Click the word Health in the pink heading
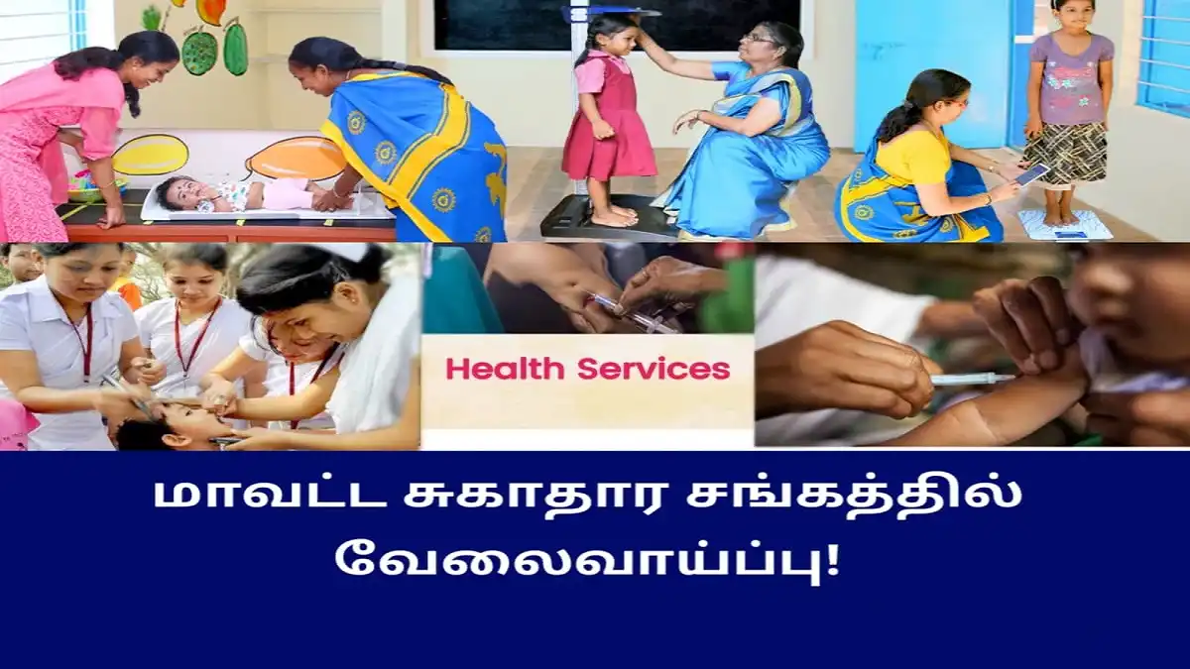pyautogui.click(x=505, y=369)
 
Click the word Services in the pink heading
pyautogui.click(x=654, y=369)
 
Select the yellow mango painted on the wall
pyautogui.click(x=150, y=155)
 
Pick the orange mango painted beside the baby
pyautogui.click(x=297, y=159)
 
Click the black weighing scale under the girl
pyautogui.click(x=606, y=217)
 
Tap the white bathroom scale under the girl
pyautogui.click(x=1065, y=225)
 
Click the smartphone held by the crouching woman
pyautogui.click(x=1032, y=174)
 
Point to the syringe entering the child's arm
pyautogui.click(x=972, y=379)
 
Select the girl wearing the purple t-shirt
pyautogui.click(x=1068, y=111)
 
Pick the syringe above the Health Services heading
pyautogui.click(x=633, y=313)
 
